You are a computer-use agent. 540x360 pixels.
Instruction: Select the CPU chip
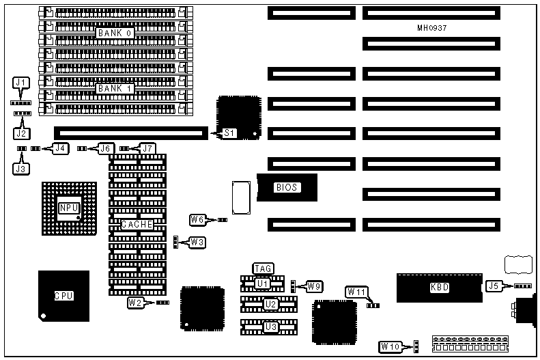[64, 296]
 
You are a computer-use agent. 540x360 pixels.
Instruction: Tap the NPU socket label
[68, 208]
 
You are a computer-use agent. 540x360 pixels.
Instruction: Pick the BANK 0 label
[114, 33]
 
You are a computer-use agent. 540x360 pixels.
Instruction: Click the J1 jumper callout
[22, 83]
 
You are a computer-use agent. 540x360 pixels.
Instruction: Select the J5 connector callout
[493, 286]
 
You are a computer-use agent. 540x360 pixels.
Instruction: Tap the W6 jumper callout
[197, 219]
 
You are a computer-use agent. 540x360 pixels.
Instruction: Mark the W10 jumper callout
[390, 346]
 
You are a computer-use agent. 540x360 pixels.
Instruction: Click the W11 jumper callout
[356, 292]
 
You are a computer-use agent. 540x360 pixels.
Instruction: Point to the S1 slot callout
[230, 133]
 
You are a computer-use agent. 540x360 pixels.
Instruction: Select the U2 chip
[271, 304]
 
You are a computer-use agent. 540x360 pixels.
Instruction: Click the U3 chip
[271, 327]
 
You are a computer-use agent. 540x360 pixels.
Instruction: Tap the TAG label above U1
[264, 268]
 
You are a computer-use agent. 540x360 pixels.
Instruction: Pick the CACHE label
[137, 224]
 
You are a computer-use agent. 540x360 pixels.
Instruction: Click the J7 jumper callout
[147, 148]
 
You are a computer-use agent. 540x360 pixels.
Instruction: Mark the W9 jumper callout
[314, 286]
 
